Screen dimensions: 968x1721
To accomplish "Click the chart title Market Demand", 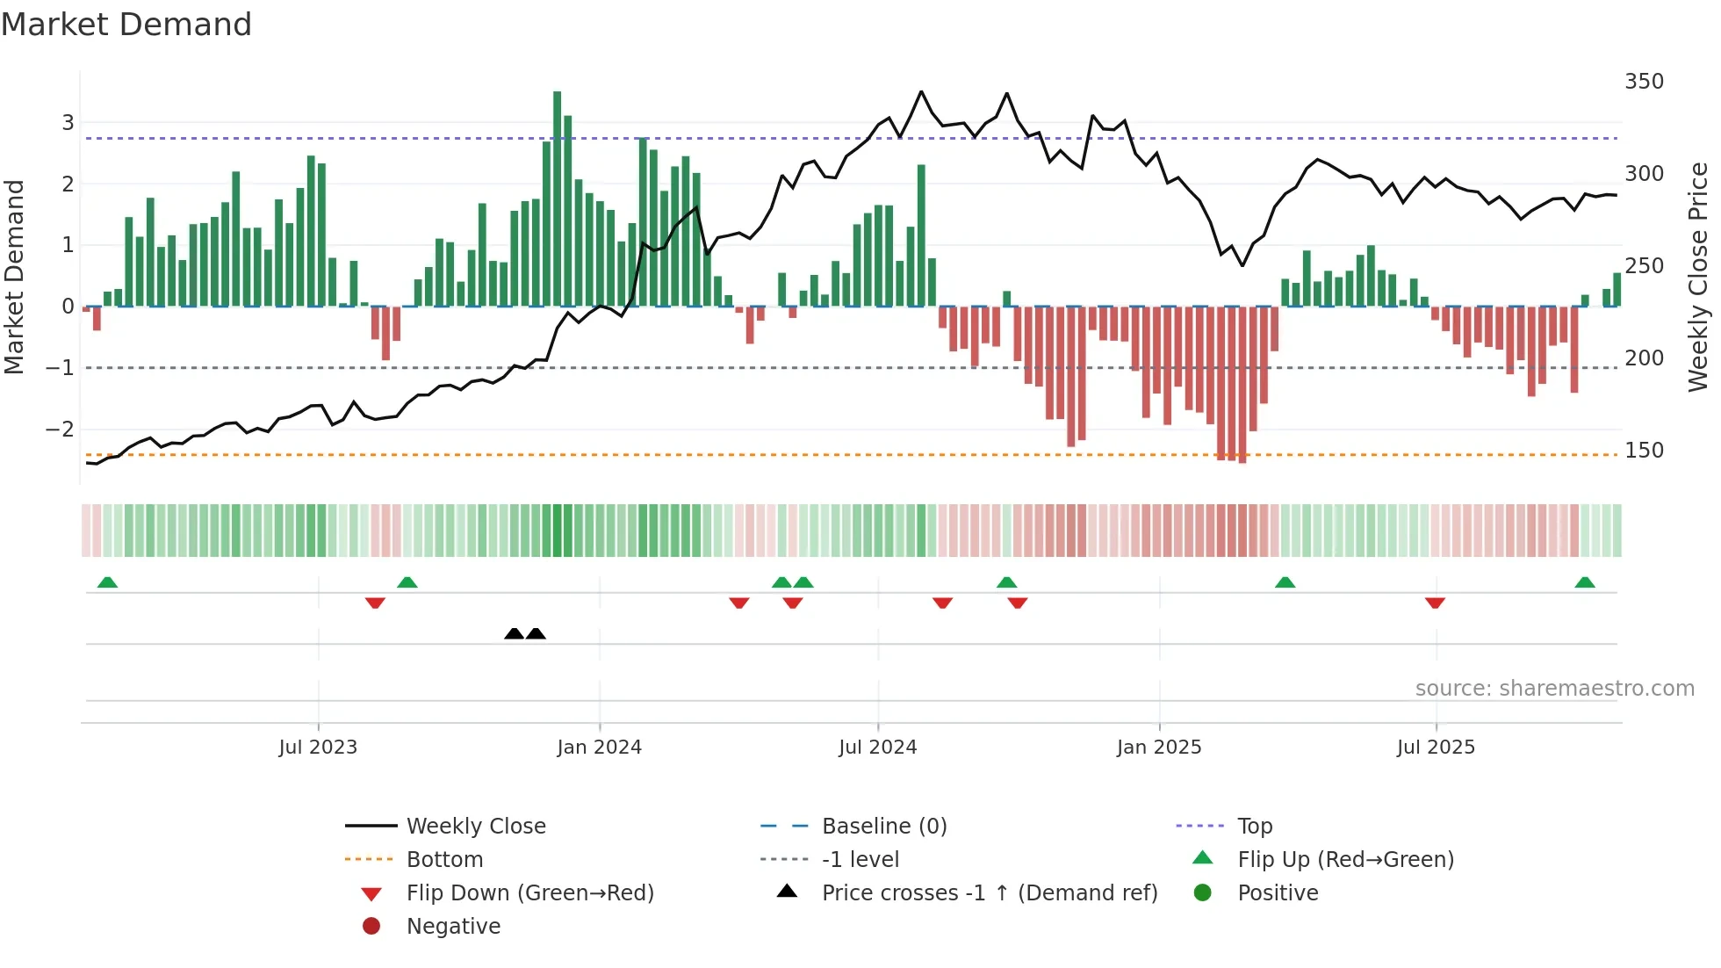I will (x=126, y=25).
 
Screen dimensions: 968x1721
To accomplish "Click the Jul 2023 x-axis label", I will (x=318, y=747).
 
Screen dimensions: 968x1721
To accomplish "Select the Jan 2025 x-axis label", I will (x=1159, y=747).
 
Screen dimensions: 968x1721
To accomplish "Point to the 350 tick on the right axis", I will (x=1644, y=82).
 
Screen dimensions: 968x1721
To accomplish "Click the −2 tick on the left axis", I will (x=60, y=430).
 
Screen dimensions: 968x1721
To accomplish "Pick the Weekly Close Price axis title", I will (x=1698, y=277).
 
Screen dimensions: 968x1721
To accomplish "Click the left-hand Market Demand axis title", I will (x=14, y=277).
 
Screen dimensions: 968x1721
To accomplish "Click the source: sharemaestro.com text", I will (x=1554, y=688).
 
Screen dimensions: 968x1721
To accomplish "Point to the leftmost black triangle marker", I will (x=515, y=633).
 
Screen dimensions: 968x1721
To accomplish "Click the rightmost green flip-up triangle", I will (x=1585, y=582).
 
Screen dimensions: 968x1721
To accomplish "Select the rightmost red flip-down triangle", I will (x=1435, y=603).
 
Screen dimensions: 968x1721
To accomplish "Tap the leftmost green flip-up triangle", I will (x=107, y=582).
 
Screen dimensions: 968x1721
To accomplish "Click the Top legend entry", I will (x=1254, y=826).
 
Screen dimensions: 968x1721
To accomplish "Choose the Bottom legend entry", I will (x=444, y=859).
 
